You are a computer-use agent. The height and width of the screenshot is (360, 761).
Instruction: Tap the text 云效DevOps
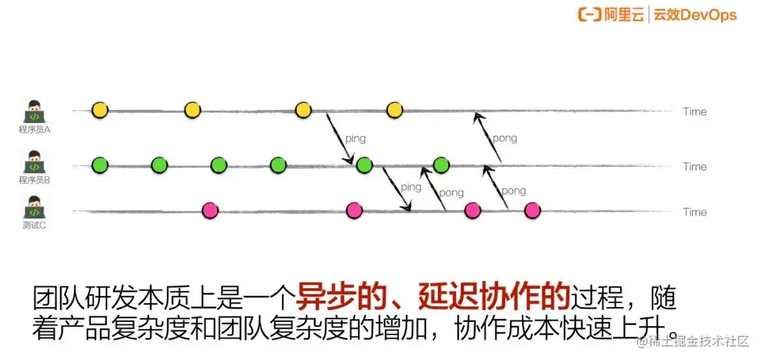(x=695, y=14)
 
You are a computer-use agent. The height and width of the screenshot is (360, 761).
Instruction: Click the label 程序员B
(x=34, y=180)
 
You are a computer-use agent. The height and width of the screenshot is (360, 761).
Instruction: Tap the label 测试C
(x=34, y=225)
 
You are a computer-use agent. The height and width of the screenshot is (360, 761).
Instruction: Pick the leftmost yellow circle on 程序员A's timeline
(x=100, y=110)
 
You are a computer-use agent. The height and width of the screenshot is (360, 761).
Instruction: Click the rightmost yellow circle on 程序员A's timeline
(x=395, y=110)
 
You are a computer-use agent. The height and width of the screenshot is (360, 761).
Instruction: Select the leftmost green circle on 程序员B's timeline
(x=100, y=166)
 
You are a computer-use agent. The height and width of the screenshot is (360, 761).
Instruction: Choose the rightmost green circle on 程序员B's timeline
(x=441, y=166)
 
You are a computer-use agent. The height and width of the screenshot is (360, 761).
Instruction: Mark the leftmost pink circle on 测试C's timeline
(x=209, y=210)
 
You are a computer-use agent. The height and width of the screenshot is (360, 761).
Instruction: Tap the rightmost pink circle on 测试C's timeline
(x=533, y=210)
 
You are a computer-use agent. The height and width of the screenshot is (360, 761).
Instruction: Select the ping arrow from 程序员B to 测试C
(x=397, y=189)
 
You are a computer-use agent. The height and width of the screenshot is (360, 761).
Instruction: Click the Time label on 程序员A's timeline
(x=694, y=111)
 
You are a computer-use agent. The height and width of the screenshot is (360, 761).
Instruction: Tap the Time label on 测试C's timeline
(x=694, y=211)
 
